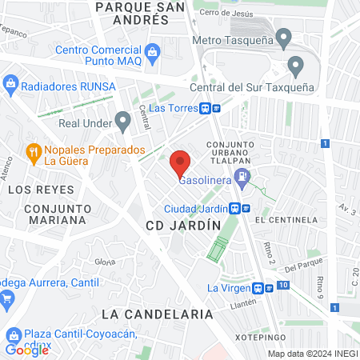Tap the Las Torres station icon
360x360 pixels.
pyautogui.click(x=206, y=107)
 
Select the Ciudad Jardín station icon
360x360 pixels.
pyautogui.click(x=235, y=208)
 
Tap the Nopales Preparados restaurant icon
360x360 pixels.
pyautogui.click(x=34, y=150)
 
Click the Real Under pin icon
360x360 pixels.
pyautogui.click(x=122, y=121)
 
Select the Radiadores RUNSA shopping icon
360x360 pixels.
pyautogui.click(x=11, y=84)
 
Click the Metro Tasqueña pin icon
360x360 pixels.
pyautogui.click(x=283, y=38)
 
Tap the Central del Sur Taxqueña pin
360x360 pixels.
pyautogui.click(x=296, y=66)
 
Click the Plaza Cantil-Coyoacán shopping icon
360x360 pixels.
pyautogui.click(x=13, y=335)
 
